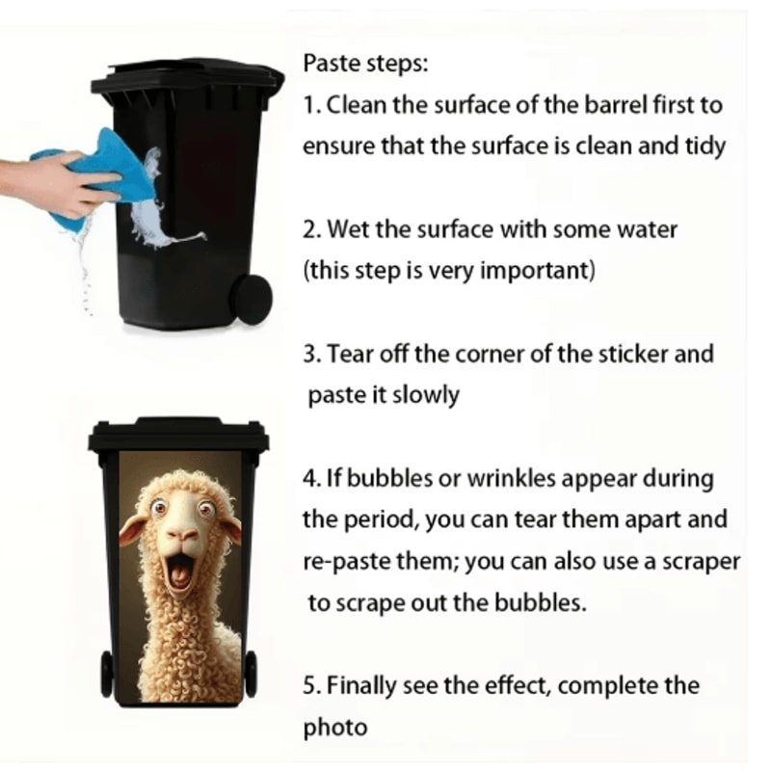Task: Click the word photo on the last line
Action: tap(334, 728)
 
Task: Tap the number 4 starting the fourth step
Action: tap(309, 478)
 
